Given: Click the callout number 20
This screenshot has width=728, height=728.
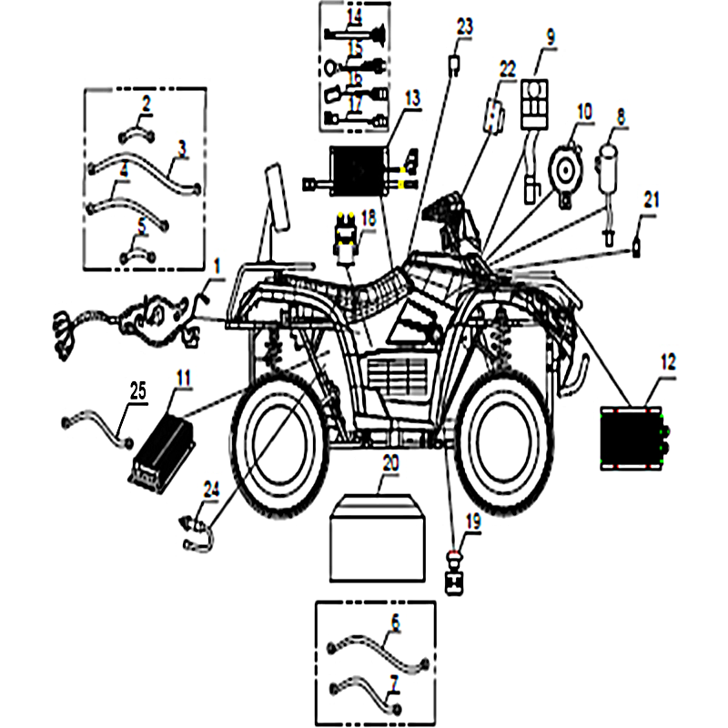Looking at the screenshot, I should tap(389, 464).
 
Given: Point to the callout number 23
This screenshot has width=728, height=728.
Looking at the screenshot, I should tap(464, 27).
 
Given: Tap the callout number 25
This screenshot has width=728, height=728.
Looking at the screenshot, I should tap(138, 391).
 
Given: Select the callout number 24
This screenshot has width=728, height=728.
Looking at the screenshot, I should tap(211, 490).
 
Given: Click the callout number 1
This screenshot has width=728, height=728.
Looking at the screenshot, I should tap(217, 266).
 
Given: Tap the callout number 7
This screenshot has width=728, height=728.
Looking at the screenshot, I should tap(395, 680).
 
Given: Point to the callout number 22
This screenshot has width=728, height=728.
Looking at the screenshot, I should tap(507, 69).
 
